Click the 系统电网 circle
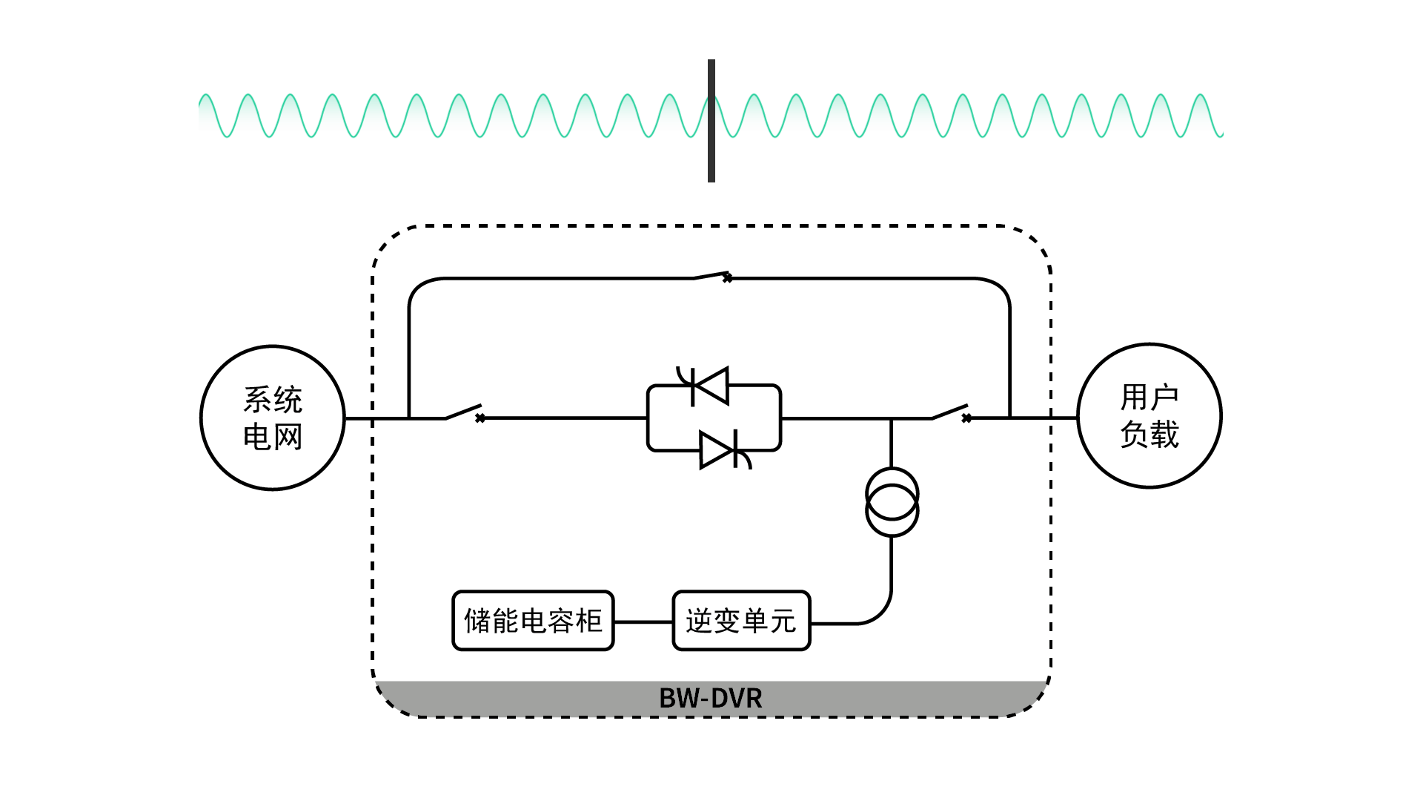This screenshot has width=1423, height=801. [273, 418]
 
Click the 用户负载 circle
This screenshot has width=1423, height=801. [1149, 415]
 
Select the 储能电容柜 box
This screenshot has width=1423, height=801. [533, 621]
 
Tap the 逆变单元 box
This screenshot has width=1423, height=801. [741, 621]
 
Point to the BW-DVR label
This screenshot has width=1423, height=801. [710, 699]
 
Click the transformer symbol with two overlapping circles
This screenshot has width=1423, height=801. [892, 502]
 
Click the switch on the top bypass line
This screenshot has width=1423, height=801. [711, 276]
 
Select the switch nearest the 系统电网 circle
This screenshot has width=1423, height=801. [463, 412]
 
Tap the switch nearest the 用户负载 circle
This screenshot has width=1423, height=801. [949, 412]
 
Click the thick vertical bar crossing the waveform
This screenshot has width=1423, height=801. [711, 121]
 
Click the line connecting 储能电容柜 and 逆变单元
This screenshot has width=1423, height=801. [643, 622]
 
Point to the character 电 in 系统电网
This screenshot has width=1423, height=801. [256, 437]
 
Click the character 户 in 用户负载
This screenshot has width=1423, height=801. [1164, 398]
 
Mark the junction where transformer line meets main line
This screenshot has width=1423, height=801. [891, 418]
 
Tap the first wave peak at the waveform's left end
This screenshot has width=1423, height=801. [207, 96]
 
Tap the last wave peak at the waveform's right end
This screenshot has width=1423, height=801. [1201, 96]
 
